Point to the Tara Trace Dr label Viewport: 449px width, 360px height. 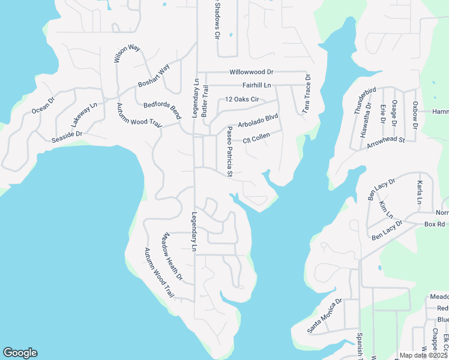307,94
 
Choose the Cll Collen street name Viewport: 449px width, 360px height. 256,138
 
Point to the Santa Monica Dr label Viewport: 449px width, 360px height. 324,316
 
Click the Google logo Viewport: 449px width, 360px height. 20,353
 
